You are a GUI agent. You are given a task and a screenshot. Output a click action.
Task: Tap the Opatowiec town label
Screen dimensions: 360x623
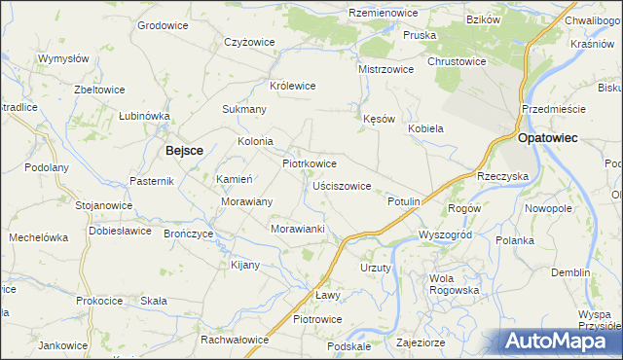[548, 138]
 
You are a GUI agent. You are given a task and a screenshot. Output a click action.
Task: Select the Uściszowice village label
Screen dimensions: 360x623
[341, 185]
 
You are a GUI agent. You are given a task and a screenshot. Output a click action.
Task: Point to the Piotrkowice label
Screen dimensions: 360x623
[310, 163]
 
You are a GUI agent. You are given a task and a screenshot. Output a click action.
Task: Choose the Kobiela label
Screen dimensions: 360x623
[425, 128]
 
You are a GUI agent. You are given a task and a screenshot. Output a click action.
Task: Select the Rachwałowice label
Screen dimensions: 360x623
[234, 340]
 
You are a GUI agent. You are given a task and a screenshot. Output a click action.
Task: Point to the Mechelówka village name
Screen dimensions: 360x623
[38, 237]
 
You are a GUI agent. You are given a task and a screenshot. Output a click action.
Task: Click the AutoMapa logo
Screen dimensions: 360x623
[559, 341]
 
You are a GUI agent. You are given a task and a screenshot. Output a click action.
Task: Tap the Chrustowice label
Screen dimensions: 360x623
[456, 60]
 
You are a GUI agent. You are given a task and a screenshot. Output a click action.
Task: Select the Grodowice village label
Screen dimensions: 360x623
[162, 24]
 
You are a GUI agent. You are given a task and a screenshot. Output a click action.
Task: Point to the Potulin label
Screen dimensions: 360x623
[403, 200]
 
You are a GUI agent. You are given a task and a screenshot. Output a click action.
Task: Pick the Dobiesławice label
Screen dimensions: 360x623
[120, 231]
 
